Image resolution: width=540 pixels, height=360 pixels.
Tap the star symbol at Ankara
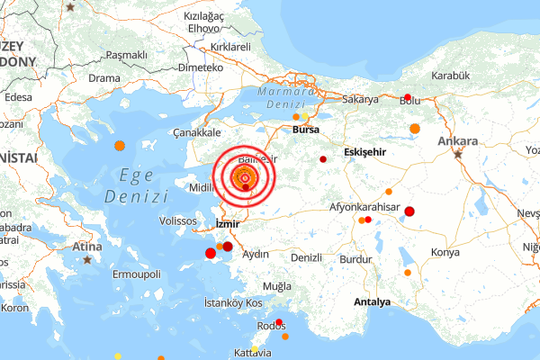pos(458,154)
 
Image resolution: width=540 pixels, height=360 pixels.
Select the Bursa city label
pos(306,130)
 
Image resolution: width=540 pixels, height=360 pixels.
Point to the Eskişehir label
pos(364,152)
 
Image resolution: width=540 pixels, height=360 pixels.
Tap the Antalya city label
pos(373,301)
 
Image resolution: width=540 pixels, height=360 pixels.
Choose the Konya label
pos(446,252)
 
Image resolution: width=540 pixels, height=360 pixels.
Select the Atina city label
pos(86,247)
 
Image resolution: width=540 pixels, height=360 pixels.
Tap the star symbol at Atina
pos(87,260)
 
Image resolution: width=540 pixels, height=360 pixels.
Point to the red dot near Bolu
pos(408,97)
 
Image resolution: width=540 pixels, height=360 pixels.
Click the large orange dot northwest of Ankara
pos(415,129)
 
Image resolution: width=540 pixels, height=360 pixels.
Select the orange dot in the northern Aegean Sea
pos(119,146)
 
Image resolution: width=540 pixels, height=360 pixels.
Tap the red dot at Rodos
pos(279,322)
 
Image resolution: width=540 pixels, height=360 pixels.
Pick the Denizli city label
pos(306,257)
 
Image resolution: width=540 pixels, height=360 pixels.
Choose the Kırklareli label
pos(228,46)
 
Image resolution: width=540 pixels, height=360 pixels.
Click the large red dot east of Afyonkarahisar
pos(409,211)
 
